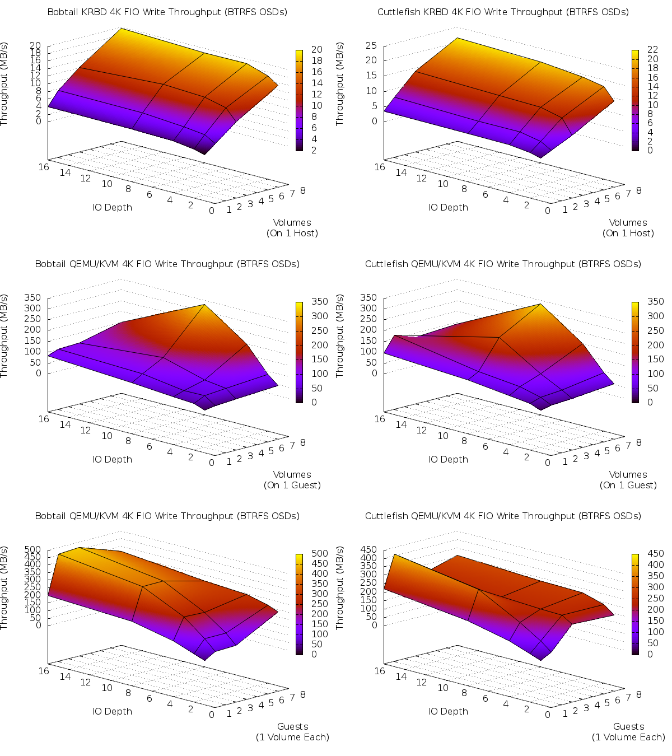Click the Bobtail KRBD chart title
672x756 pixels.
coord(167,12)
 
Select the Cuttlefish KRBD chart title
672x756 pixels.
coord(503,12)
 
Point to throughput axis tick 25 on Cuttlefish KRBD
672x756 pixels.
coord(371,45)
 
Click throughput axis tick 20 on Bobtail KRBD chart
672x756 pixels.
coord(35,46)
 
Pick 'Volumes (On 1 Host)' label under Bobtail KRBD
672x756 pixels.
coord(292,228)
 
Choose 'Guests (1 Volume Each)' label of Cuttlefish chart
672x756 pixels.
coord(628,732)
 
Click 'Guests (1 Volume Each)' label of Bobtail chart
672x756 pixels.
coord(292,732)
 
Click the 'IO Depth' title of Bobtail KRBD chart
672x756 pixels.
coord(113,207)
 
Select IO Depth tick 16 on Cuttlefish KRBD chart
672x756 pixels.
coord(380,167)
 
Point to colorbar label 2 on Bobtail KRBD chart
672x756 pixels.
coord(314,150)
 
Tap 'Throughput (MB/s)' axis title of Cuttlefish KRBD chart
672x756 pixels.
coord(340,84)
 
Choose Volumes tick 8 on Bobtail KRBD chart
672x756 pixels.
coord(303,190)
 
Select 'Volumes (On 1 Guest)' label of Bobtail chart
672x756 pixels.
coord(292,480)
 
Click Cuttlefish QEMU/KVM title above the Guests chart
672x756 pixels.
coord(503,516)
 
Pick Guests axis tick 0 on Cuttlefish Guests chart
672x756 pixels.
coord(548,715)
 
